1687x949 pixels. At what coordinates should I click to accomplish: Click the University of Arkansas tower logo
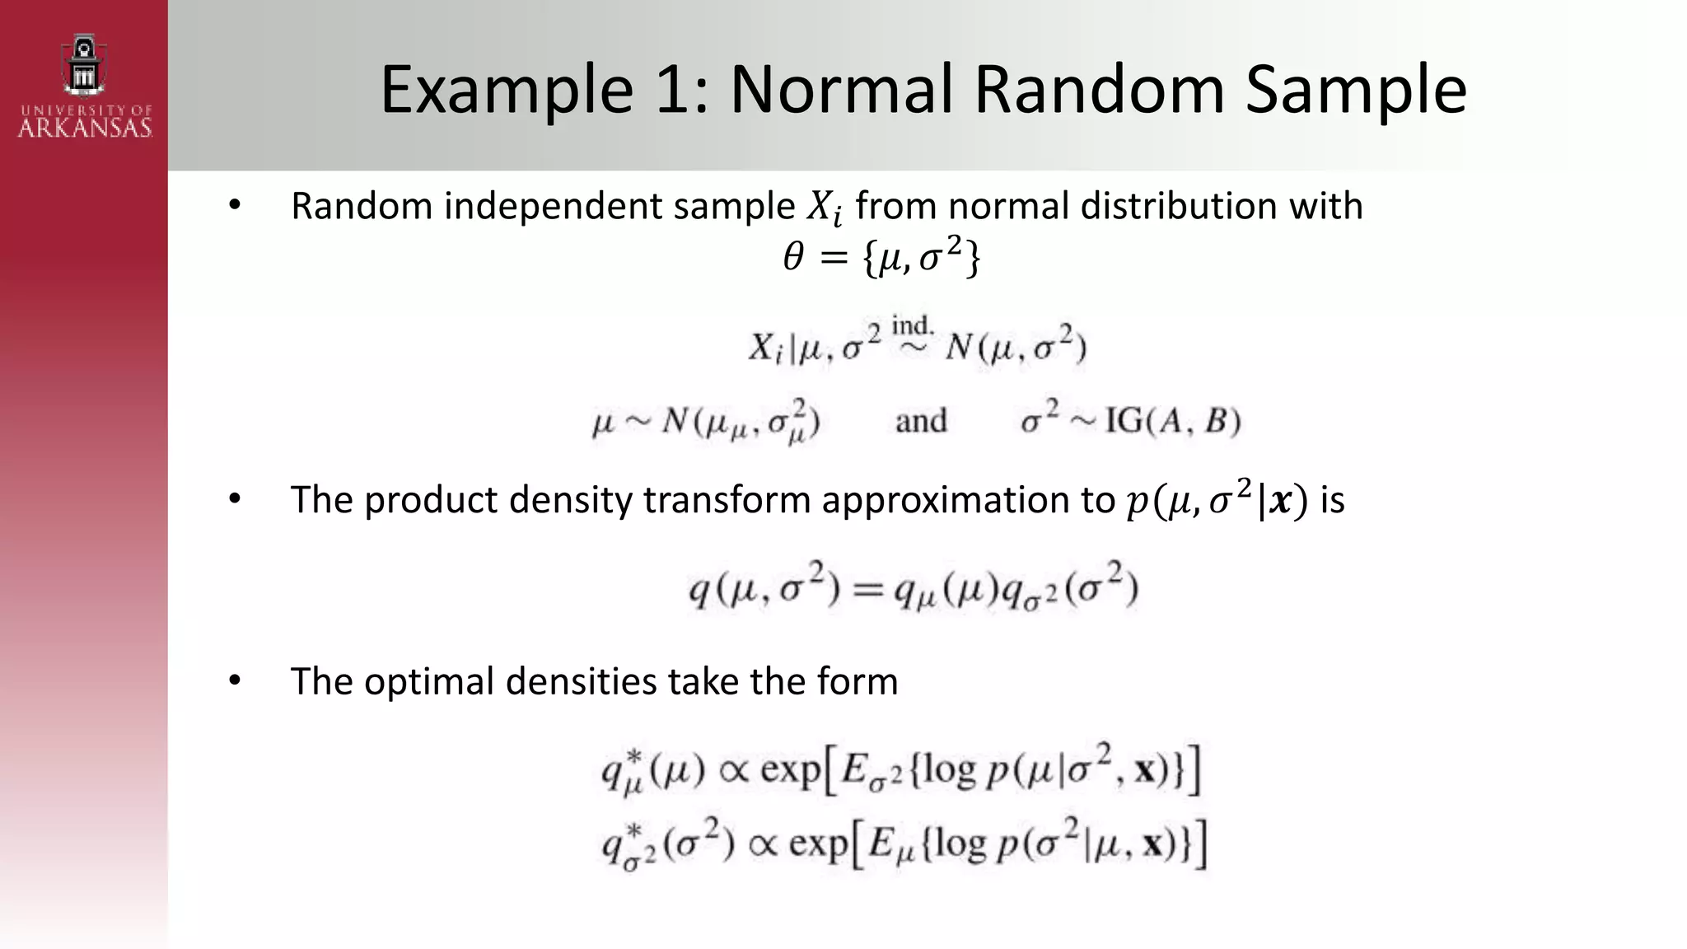(84, 64)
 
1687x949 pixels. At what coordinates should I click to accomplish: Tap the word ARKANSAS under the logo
(85, 129)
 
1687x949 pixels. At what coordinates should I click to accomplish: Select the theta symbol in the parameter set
(792, 258)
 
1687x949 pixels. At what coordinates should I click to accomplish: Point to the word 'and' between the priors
(921, 421)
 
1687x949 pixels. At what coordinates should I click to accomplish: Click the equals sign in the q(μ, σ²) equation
(867, 590)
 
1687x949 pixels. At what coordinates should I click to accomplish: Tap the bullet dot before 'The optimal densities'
(235, 680)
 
